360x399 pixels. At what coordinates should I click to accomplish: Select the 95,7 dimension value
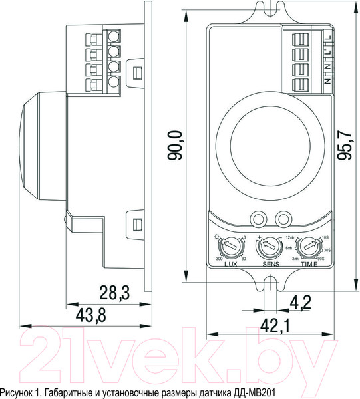pos(344,146)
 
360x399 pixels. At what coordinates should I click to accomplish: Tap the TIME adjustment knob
pos(307,248)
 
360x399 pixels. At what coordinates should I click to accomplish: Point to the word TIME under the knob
pos(307,264)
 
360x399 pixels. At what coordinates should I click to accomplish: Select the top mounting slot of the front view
pos(269,13)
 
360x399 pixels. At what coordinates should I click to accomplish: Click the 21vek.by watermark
pos(180,360)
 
